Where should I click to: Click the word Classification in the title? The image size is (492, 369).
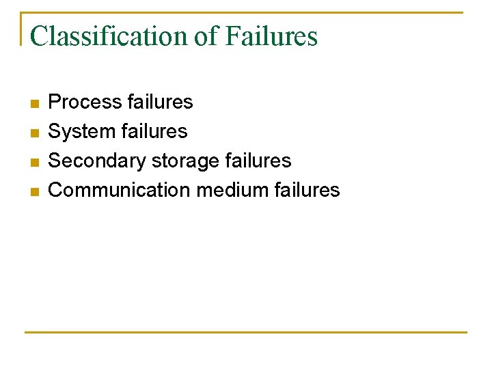[x=109, y=36]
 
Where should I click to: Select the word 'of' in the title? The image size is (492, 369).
[x=206, y=36]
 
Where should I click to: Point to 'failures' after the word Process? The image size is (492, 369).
[x=160, y=102]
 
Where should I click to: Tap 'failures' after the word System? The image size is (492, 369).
[x=154, y=131]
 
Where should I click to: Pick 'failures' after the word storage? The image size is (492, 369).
[x=258, y=161]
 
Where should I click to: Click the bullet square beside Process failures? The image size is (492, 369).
[x=35, y=104]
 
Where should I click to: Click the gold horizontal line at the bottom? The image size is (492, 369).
[x=246, y=333]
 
